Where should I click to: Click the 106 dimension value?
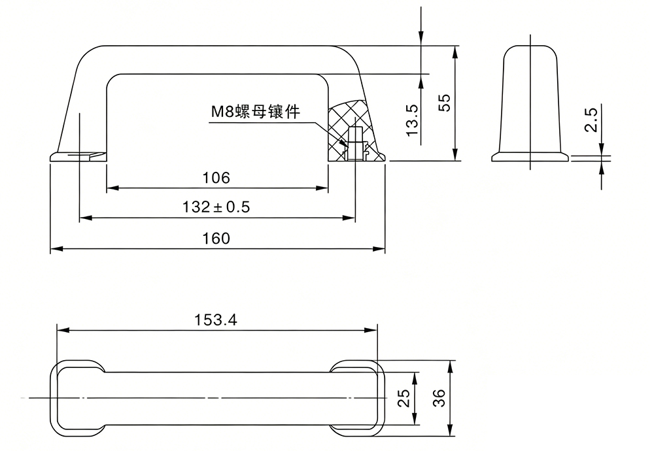tap(216, 178)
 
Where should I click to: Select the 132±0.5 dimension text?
tap(216, 207)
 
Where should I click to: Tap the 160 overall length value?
tap(216, 239)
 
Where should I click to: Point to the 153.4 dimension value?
tap(216, 320)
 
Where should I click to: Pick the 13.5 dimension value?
tap(412, 120)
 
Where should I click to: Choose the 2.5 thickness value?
tap(591, 120)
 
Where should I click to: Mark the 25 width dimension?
tap(404, 398)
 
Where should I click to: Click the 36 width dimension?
tap(439, 398)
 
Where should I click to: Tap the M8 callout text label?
tap(255, 112)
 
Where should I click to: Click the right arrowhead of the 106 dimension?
tap(322, 188)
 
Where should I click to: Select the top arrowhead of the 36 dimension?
tap(450, 367)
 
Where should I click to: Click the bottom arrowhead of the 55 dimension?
tap(455, 155)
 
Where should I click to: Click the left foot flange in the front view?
tap(78, 156)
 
